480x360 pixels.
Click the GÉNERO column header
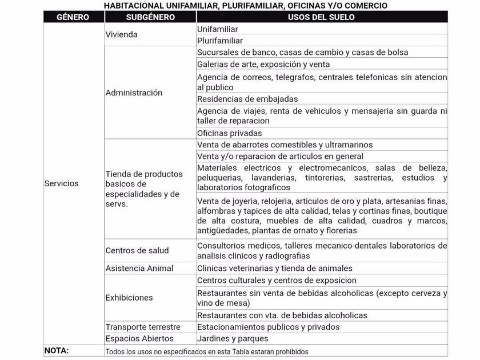click(73, 17)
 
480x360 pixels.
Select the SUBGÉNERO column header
click(150, 17)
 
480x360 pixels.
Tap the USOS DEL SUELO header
click(321, 17)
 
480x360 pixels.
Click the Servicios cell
click(62, 183)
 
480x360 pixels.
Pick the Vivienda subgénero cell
click(122, 34)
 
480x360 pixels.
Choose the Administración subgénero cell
click(134, 93)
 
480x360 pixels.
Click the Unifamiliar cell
click(218, 29)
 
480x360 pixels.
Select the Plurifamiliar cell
click(220, 41)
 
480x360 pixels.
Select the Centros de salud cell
click(137, 250)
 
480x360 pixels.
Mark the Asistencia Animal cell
click(139, 268)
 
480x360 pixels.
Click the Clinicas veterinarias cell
click(275, 268)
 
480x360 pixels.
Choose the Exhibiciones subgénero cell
click(129, 297)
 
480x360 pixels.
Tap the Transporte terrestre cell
click(143, 327)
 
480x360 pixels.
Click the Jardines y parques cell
click(233, 338)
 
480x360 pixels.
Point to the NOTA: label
click(56, 350)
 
